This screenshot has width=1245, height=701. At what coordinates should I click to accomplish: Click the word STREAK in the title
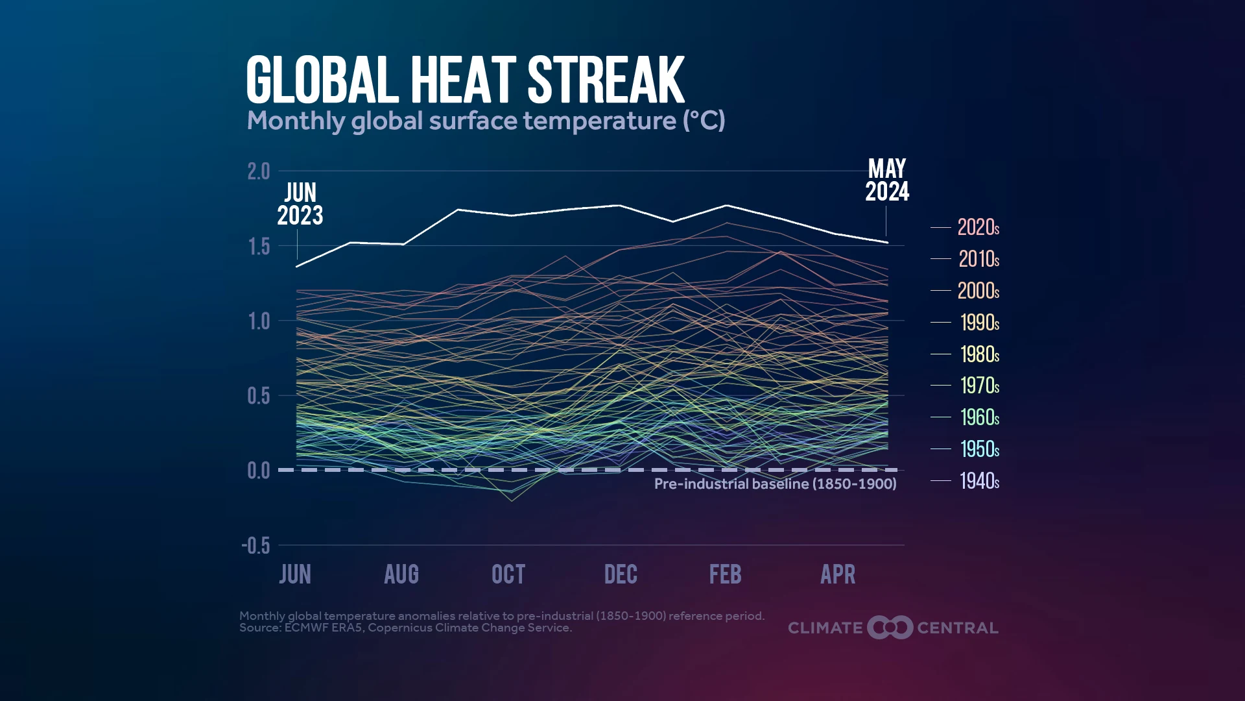click(606, 80)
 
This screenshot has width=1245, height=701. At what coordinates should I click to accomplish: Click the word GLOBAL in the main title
click(322, 80)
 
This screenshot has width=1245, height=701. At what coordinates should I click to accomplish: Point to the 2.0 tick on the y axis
click(259, 171)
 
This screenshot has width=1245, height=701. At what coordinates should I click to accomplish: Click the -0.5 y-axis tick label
click(255, 545)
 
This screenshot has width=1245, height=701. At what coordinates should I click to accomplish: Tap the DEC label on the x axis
click(621, 574)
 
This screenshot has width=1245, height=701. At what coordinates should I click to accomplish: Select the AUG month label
click(401, 574)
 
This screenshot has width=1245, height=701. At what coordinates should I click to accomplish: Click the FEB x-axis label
click(725, 574)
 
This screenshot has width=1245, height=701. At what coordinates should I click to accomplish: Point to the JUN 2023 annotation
click(300, 204)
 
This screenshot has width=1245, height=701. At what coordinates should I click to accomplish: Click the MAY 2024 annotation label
click(887, 180)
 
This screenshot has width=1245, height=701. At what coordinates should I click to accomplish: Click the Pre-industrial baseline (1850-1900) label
click(776, 484)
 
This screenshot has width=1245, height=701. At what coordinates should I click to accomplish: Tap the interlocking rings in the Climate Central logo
click(890, 628)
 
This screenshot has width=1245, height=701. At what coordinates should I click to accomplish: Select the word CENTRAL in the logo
click(958, 628)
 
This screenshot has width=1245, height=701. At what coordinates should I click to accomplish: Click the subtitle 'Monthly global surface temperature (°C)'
click(486, 121)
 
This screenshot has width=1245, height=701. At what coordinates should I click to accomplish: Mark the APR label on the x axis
click(838, 574)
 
